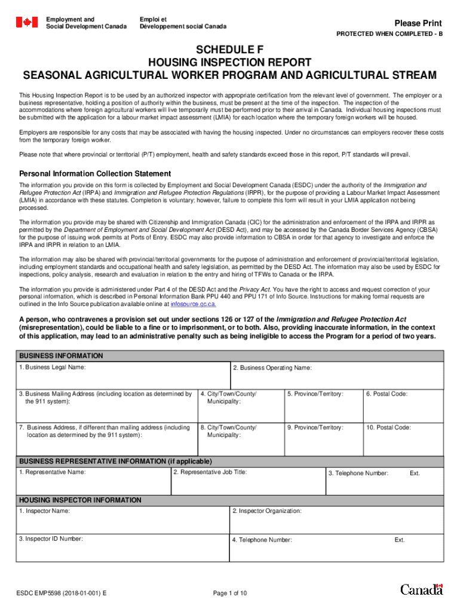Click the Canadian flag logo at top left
[26, 23]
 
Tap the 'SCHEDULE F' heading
[230, 50]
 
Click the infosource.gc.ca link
[194, 304]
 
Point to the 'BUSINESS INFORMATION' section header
[62, 356]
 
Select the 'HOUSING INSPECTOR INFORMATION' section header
[80, 500]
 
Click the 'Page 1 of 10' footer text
[230, 593]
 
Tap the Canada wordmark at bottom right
[421, 590]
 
